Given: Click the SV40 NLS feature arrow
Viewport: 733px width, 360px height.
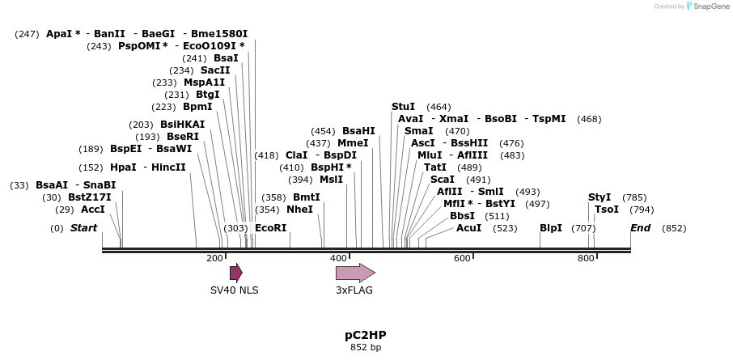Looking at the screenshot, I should [235, 273].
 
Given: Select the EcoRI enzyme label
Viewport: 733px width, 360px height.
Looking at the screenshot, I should [270, 228].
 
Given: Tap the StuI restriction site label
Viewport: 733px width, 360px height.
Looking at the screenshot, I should [403, 107].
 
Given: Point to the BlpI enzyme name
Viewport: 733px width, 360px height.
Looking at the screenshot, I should [551, 228].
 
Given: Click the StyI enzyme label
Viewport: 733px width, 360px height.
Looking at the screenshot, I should [600, 197].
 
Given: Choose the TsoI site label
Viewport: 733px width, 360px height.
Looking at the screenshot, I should [607, 210].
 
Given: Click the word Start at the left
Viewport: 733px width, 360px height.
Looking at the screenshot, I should [83, 228].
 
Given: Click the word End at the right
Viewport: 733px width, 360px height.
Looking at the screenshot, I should [640, 228].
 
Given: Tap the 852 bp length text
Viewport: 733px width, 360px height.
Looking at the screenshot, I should [366, 347].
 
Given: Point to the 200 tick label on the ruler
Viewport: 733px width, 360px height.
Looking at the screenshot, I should [214, 258].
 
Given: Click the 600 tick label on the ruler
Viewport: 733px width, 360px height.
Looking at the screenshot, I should [462, 258].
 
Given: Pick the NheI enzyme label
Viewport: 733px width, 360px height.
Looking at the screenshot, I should [299, 210].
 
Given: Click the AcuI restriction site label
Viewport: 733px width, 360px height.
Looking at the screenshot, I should [468, 228].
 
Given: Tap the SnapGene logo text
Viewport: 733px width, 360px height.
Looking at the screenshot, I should [708, 6].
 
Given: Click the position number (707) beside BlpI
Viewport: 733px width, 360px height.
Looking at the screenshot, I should [583, 228].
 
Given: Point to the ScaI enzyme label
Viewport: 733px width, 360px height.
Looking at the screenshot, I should [442, 180].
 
